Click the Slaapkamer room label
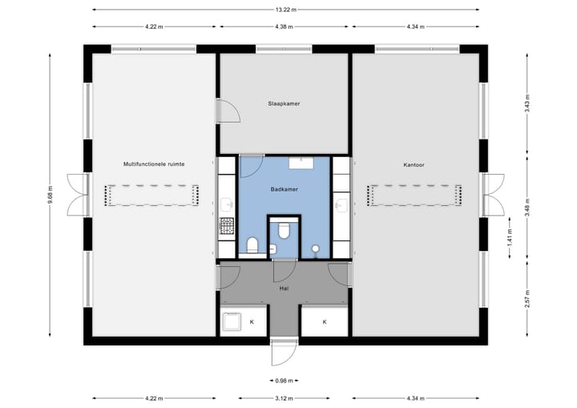(284, 103)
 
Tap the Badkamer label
(284, 190)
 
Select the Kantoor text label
(414, 164)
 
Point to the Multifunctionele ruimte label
(154, 164)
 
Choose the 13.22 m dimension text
(285, 10)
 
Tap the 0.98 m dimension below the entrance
(284, 380)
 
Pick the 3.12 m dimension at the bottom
(284, 398)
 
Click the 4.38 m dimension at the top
(284, 26)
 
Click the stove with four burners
(226, 226)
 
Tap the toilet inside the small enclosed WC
(283, 232)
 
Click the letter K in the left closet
(252, 322)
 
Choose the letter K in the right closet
(325, 322)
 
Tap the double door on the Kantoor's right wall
(490, 193)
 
